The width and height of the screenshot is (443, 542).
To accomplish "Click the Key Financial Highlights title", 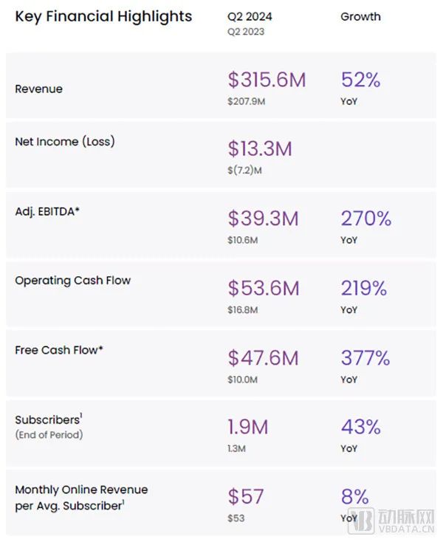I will tap(103, 16).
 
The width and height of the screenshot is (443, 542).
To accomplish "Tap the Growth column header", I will tap(360, 16).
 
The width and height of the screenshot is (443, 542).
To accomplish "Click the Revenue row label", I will tap(38, 89).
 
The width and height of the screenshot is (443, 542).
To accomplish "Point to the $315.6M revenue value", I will tap(266, 80).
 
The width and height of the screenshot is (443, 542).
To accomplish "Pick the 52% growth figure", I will tap(360, 80).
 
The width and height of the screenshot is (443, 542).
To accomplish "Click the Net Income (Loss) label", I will tap(65, 141).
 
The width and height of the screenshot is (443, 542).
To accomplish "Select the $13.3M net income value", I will tap(260, 148).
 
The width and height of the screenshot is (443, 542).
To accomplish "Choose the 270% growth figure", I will tap(365, 218).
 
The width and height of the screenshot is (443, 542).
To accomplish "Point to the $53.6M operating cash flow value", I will tap(264, 287).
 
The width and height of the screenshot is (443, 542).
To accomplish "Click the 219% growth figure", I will tap(365, 287).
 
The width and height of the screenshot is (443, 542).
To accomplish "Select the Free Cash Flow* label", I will tap(59, 349).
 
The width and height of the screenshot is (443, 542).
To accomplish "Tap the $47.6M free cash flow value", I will tap(264, 357).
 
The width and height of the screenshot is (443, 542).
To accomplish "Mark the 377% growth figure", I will tap(365, 357).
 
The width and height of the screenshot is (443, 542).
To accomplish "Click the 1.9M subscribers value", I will tap(248, 427).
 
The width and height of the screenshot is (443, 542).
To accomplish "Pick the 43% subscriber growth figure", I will tap(360, 427).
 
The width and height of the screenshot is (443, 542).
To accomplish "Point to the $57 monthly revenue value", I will tap(245, 496).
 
